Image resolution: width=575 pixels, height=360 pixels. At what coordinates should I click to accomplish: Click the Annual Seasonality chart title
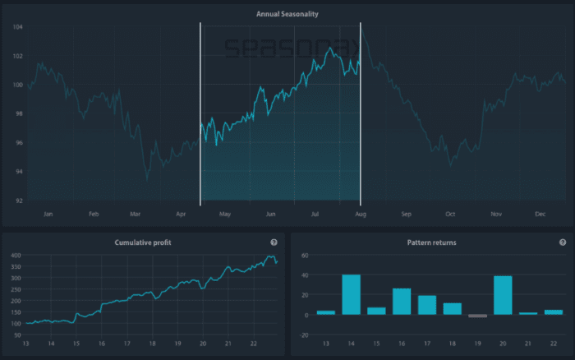point(287,14)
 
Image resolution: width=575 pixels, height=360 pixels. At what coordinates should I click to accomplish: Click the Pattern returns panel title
point(431,242)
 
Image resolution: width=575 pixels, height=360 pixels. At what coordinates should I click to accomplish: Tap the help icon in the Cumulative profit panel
point(274,242)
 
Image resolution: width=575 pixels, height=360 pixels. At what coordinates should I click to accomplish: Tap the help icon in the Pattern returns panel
point(563,242)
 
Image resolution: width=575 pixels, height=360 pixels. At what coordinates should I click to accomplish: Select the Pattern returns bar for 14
point(351,295)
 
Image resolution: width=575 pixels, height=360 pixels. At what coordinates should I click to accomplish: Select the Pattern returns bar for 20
point(503,296)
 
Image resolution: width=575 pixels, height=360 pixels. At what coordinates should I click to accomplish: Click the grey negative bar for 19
point(477,316)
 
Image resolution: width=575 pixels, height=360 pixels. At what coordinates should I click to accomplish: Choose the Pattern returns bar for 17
point(427,305)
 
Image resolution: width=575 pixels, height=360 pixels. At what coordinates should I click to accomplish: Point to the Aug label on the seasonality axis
point(361,215)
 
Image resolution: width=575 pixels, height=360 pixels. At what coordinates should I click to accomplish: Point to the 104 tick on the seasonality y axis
point(18,27)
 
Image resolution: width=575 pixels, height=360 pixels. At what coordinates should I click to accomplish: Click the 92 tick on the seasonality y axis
point(18,201)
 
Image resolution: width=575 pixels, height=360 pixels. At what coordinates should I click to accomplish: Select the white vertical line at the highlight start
point(200,115)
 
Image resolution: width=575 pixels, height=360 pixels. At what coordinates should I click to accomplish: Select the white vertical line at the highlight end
point(361,115)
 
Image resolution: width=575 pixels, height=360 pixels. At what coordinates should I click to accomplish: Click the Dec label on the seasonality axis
point(540,215)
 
